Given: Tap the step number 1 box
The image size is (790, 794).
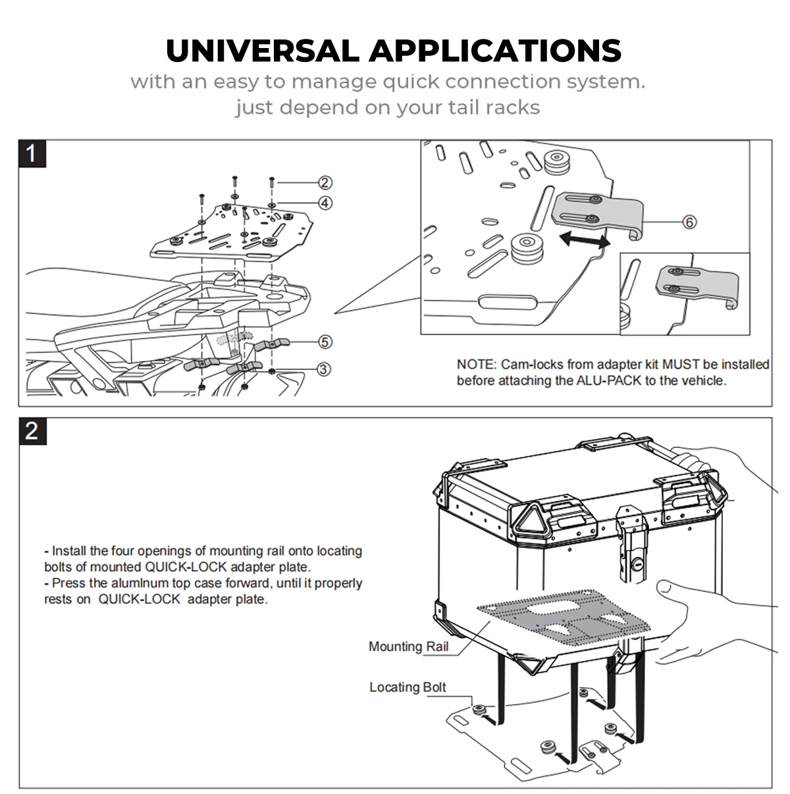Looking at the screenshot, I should (x=32, y=154).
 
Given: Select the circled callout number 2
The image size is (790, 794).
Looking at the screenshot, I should (x=325, y=182).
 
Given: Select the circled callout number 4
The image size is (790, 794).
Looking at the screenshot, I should (x=325, y=203).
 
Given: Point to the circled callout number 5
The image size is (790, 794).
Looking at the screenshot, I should (x=325, y=341).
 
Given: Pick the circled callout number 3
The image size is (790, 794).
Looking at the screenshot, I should (x=325, y=369).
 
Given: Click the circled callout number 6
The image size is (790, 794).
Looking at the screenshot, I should (x=689, y=222).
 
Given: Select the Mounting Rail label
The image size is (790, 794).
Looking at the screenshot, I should (x=408, y=647).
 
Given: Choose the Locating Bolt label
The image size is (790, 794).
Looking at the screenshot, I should (x=408, y=687).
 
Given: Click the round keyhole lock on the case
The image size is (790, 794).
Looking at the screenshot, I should (x=637, y=565).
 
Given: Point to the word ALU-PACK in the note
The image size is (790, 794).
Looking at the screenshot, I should (x=610, y=381).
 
